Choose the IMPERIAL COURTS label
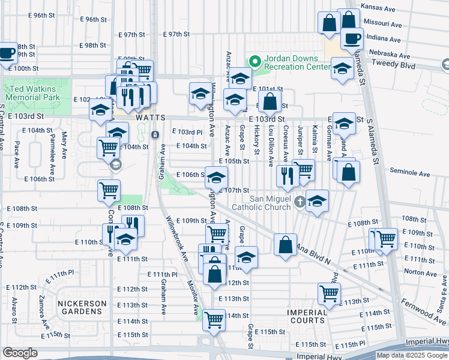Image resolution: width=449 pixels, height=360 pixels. [307, 316]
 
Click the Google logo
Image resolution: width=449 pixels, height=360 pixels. [20, 353]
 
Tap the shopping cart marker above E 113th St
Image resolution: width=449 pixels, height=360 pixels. [330, 293]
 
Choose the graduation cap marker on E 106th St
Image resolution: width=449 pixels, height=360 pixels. [217, 176]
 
